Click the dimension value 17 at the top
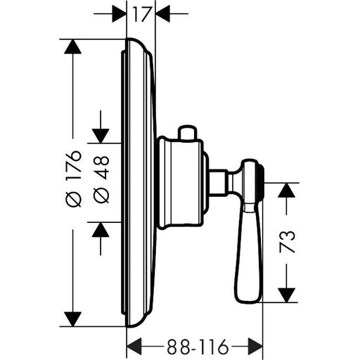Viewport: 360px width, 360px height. (141, 14)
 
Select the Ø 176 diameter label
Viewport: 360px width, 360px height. (75, 179)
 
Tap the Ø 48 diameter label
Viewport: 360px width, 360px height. (101, 179)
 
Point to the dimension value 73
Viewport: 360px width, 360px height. (287, 242)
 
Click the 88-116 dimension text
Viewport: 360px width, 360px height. (198, 347)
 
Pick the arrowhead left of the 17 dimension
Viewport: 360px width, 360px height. (120, 14)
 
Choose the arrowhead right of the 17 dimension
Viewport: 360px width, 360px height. (162, 14)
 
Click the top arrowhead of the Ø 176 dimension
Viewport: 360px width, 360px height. (72, 46)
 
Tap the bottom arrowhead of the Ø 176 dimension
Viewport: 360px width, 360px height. (72, 319)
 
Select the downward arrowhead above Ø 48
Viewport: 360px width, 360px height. (101, 136)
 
